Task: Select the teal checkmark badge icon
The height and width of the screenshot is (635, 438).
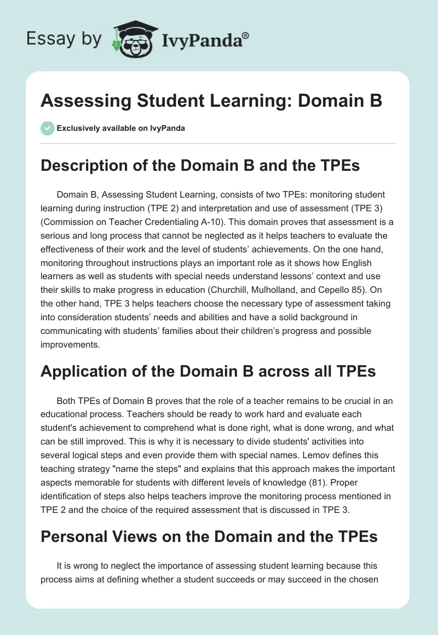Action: [47, 128]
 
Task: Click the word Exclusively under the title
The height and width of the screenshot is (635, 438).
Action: [78, 128]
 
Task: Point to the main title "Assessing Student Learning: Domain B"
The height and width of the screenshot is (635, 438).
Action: [211, 102]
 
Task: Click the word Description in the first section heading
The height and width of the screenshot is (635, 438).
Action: [80, 165]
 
